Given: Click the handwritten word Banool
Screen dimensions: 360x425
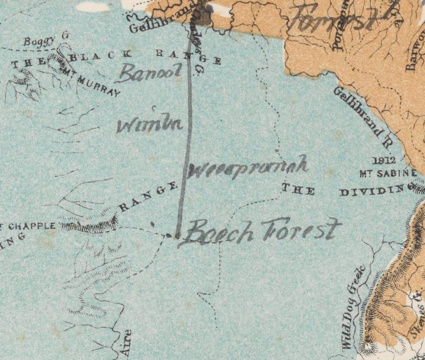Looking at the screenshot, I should click(149, 72).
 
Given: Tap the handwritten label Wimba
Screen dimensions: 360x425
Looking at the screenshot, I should click(150, 124).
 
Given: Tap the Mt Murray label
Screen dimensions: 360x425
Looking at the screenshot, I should click(96, 85).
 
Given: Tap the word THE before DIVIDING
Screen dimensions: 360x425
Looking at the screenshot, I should click(298, 190).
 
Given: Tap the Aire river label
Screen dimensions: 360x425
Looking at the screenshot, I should click(126, 343).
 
